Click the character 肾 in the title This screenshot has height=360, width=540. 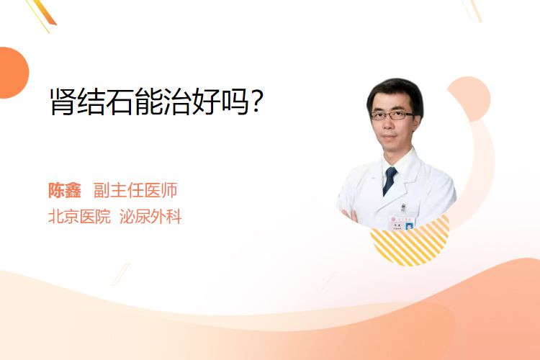[63, 102]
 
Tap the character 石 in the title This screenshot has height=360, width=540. [120, 102]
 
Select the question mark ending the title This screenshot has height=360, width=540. [256, 102]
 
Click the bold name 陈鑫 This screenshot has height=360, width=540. [65, 191]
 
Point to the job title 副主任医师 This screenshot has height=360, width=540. [135, 191]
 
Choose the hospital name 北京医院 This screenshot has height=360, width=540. [79, 217]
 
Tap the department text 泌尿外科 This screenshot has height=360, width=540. [150, 217]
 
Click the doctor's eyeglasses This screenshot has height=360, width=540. [393, 115]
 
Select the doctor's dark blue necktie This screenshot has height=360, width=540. [390, 181]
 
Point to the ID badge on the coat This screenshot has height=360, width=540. [402, 223]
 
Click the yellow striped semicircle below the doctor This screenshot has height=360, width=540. [410, 243]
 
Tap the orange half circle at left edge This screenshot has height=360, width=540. [14, 73]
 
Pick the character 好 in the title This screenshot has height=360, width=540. [206, 102]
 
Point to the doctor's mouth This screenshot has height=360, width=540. [390, 137]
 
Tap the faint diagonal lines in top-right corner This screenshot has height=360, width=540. [472, 10]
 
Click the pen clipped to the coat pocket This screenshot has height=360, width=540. [403, 208]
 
